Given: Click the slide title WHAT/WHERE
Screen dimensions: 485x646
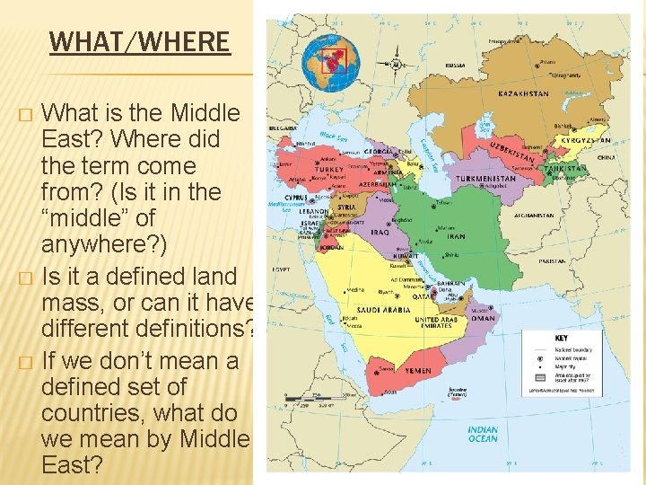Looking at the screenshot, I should [139, 41].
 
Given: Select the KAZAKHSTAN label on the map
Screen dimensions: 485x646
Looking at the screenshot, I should [523, 93].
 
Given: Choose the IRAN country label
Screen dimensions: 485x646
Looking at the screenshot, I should [456, 236].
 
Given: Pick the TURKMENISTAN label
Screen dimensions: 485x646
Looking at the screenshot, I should [486, 178].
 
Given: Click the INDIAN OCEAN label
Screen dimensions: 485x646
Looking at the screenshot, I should [483, 434].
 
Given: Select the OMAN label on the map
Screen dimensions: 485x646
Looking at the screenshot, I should [482, 318].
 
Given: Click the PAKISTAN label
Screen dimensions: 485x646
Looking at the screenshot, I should [552, 261].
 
